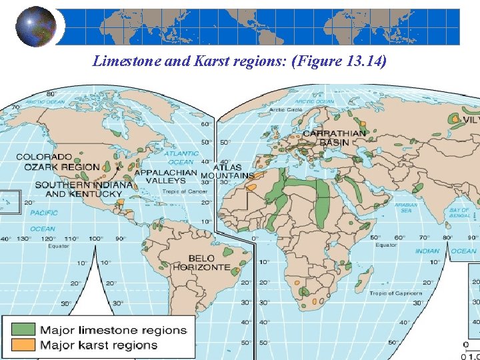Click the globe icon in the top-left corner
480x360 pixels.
coord(35,27)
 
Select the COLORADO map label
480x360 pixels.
coord(44,157)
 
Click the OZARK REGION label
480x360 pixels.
coord(61,167)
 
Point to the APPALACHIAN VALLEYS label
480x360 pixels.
coord(166,176)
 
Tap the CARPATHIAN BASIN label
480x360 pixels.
coord(334,137)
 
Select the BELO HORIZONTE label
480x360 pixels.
coord(201,263)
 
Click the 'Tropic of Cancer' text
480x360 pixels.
coord(185,191)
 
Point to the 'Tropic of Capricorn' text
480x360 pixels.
coord(396,293)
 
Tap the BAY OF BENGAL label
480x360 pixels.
coord(459,213)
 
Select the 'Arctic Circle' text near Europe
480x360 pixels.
coord(286,109)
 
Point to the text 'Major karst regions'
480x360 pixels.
coord(99,345)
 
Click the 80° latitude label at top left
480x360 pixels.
coord(50,94)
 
